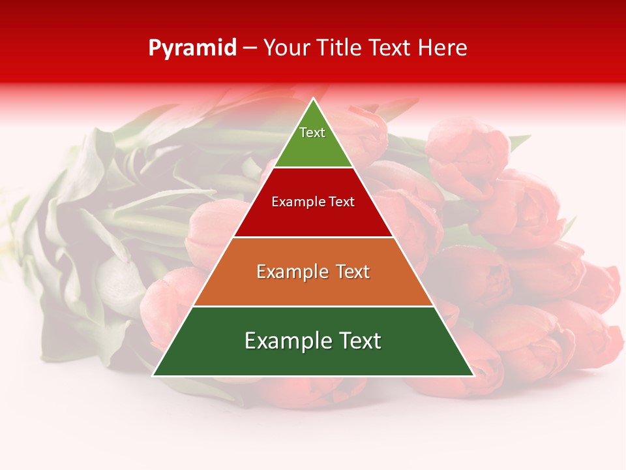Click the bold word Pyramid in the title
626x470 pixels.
[x=192, y=48]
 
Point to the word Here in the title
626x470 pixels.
[x=443, y=48]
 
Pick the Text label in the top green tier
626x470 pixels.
[x=312, y=133]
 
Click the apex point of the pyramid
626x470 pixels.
[x=313, y=99]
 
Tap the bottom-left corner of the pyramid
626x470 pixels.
[x=153, y=375]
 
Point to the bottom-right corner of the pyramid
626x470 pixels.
[x=473, y=375]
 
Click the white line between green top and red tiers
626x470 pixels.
[x=313, y=168]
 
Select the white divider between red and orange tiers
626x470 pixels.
[x=313, y=237]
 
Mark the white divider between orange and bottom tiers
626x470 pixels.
[x=313, y=306]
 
